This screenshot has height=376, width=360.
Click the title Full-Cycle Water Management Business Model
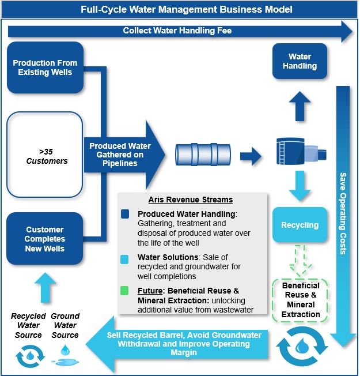coord(179,9)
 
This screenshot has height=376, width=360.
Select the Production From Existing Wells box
coord(45,67)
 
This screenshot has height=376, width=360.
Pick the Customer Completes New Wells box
coord(45,239)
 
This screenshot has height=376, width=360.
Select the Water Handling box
coord(300,62)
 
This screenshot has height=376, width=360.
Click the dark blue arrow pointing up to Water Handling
coord(300,105)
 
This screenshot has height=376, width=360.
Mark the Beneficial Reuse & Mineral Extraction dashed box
coord(301,300)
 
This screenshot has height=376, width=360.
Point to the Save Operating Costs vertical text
coord(343,213)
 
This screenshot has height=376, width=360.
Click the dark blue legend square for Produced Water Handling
coord(126,214)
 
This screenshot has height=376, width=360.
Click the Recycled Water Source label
coord(28,325)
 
